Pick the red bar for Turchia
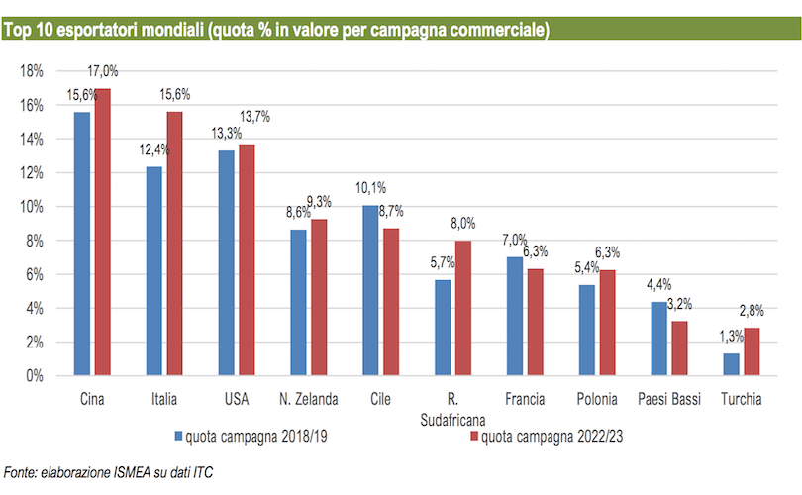click(x=752, y=351)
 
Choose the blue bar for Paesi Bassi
click(x=659, y=339)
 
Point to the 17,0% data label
click(x=103, y=71)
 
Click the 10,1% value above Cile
click(x=371, y=188)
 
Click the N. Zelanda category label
click(x=308, y=400)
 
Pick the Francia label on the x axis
click(x=525, y=400)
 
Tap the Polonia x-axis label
click(x=597, y=400)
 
